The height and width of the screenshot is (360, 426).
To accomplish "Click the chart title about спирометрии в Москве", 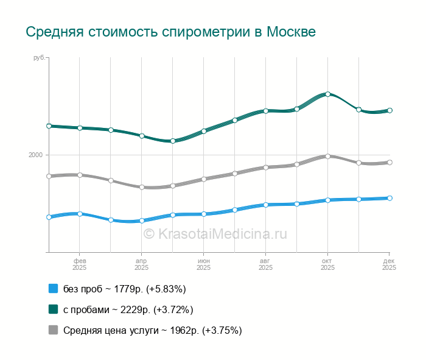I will coord(170,32).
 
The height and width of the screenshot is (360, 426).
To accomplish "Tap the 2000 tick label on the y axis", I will coord(35,155).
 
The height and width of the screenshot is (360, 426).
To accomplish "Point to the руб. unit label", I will coord(40,58).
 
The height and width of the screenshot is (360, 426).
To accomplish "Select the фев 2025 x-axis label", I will coord(80,264).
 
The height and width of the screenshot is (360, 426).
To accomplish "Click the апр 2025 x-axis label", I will coord(141,264).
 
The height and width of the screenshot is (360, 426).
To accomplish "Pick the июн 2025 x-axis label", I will coord(203,264).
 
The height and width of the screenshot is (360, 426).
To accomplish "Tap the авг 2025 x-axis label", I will coord(265,264).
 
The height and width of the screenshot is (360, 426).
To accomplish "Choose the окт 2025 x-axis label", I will coord(327,264).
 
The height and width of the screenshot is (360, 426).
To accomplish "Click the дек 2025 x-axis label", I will coord(389,264).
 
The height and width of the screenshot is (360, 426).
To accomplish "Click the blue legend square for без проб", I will coord(53,289).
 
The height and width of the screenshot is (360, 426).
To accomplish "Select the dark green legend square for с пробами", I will coord(53,309).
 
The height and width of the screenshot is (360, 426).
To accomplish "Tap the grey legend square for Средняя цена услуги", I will coord(53,330).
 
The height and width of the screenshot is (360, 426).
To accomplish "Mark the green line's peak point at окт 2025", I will coord(327,94).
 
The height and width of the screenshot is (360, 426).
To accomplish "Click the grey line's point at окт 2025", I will coord(327,156).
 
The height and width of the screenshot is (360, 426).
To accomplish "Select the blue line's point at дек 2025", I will coord(389,198).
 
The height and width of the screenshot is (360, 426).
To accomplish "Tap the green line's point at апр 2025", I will coord(141,136).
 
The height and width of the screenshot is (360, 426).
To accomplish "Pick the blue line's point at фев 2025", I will coord(80,214).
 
